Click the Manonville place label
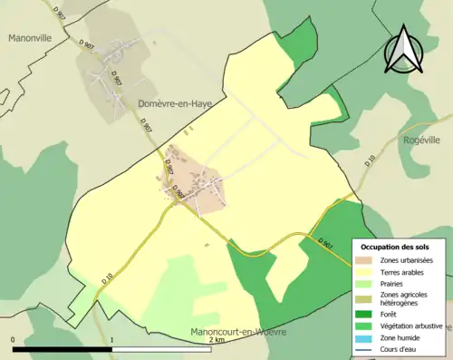point(33,39)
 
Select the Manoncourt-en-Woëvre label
point(238,332)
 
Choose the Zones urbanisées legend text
point(406,260)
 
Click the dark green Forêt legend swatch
point(367,316)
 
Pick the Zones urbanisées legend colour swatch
point(367,260)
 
